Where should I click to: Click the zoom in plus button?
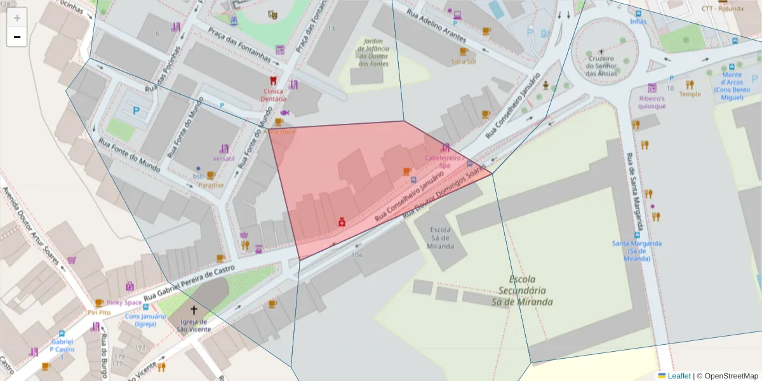pos(17,18)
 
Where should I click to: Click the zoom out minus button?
pos(17,37)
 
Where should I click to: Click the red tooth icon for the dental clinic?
pos(274,81)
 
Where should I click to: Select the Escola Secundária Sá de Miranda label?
pos(522,290)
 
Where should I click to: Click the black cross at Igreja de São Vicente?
pos(194,310)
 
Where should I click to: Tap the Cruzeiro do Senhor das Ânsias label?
pos(601,65)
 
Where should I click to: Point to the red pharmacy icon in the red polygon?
pos(342,222)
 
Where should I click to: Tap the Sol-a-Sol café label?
pos(464,62)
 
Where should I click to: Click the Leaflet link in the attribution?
pos(678,376)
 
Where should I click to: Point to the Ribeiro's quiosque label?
pos(652,102)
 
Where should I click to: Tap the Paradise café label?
pos(211,185)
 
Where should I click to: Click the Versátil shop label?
pos(224,158)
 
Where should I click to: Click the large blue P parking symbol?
pos(136,110)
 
